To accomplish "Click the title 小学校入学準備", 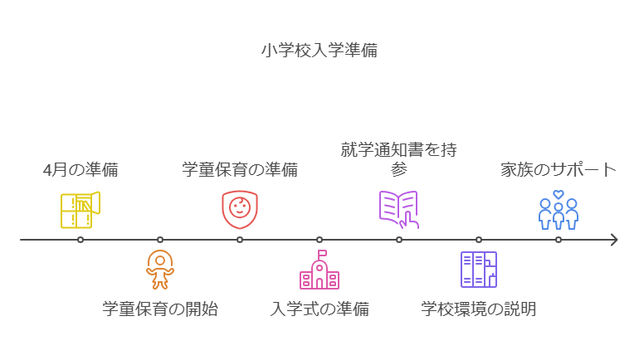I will pos(319,50).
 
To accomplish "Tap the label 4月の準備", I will pos(80,171).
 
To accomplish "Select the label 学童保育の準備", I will pos(240,171).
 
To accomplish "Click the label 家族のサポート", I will pos(559,171).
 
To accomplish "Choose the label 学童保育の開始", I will pos(160,309).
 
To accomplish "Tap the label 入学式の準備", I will pos(319,309).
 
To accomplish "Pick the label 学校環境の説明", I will pos(479,309).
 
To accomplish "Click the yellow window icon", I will pos(80,210).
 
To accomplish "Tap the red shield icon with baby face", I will pos(240,209).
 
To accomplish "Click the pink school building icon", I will pos(319,270).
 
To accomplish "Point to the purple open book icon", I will pos(399,209).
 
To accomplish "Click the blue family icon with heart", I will pos(559,212).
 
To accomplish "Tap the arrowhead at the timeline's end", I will pos(613,240).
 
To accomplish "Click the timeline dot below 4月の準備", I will pos(80,240).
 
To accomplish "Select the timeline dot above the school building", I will pos(319,240).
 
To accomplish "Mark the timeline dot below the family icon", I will pos(559,240).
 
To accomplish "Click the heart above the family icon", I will pos(559,195).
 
